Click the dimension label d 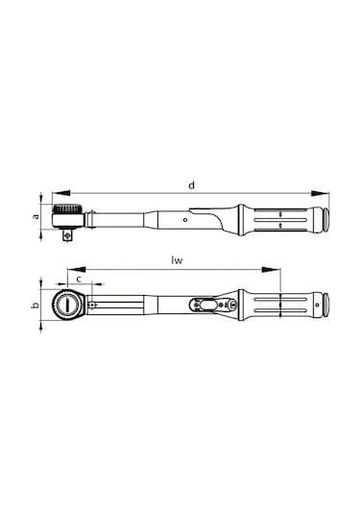click(x=191, y=184)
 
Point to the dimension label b click(x=36, y=306)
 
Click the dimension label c click(x=77, y=279)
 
